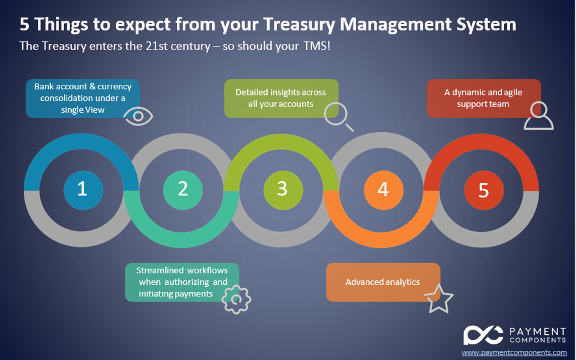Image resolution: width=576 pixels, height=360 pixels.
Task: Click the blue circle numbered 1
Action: tap(83, 190)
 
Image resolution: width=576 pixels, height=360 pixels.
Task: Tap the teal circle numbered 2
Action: tap(183, 190)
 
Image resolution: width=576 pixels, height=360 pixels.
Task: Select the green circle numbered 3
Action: tap(283, 190)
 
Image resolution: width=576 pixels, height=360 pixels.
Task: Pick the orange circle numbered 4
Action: tap(383, 190)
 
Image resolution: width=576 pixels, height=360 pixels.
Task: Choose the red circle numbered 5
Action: tap(484, 190)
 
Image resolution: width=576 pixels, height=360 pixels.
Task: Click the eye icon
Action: tap(138, 116)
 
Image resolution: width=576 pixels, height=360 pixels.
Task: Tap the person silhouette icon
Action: tap(539, 116)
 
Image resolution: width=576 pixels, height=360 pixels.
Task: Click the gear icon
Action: tap(236, 299)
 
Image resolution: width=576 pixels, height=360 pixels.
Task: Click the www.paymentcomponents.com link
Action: tap(514, 352)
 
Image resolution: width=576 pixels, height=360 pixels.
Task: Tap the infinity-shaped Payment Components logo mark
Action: tap(483, 335)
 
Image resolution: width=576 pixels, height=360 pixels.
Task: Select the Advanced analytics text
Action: tap(382, 282)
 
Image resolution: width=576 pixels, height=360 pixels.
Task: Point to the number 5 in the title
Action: tap(24, 25)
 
